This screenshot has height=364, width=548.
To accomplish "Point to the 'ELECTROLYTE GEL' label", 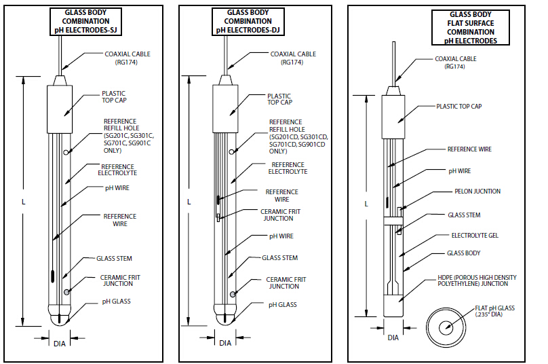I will click(475, 235).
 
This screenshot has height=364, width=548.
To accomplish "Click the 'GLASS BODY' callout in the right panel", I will click(465, 253).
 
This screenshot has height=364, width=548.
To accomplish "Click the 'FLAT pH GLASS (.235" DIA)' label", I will click(496, 312).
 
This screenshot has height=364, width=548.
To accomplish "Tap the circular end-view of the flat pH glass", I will click(446, 327).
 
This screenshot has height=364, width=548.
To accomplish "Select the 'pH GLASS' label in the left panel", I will click(116, 301).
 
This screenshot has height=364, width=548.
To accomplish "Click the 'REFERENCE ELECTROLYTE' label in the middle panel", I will click(287, 168).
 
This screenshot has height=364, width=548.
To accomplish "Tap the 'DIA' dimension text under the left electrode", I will click(60, 344).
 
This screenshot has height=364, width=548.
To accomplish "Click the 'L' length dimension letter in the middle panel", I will click(189, 202).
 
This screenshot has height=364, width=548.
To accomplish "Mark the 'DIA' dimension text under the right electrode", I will click(393, 338).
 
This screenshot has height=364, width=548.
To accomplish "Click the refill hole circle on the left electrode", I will click(66, 152).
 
